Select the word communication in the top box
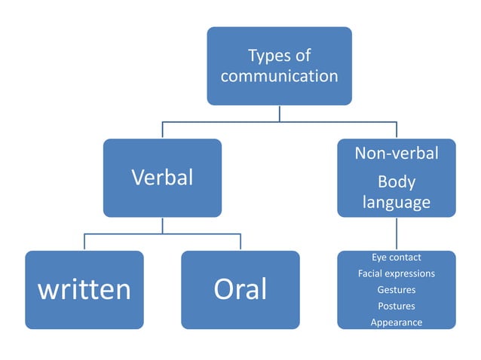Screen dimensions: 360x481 pos(279,76)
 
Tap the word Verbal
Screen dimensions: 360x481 pos(162,178)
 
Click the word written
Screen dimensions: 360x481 pos(84,289)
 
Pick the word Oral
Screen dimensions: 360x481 pos(240,289)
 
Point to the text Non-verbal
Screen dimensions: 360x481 pos(396,154)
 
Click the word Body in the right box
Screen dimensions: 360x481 pos(396,182)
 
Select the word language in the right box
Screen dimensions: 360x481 pos(396,202)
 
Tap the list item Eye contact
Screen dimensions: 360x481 pos(396,258)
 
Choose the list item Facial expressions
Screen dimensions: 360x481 pos(396,273)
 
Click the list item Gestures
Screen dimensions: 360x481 pos(396,290)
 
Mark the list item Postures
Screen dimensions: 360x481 pos(396,306)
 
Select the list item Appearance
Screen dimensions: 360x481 pos(396,322)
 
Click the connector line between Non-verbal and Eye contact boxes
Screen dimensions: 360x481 pos(396,233)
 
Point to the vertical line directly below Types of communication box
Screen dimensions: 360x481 pos(280,112)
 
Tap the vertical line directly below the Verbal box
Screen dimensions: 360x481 pos(162,225)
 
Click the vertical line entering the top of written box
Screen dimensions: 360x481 pos(84,243)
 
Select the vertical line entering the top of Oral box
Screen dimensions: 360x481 pos(240,243)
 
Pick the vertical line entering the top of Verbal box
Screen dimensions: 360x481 pos(162,130)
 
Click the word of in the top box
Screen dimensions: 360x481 pos(302,56)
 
